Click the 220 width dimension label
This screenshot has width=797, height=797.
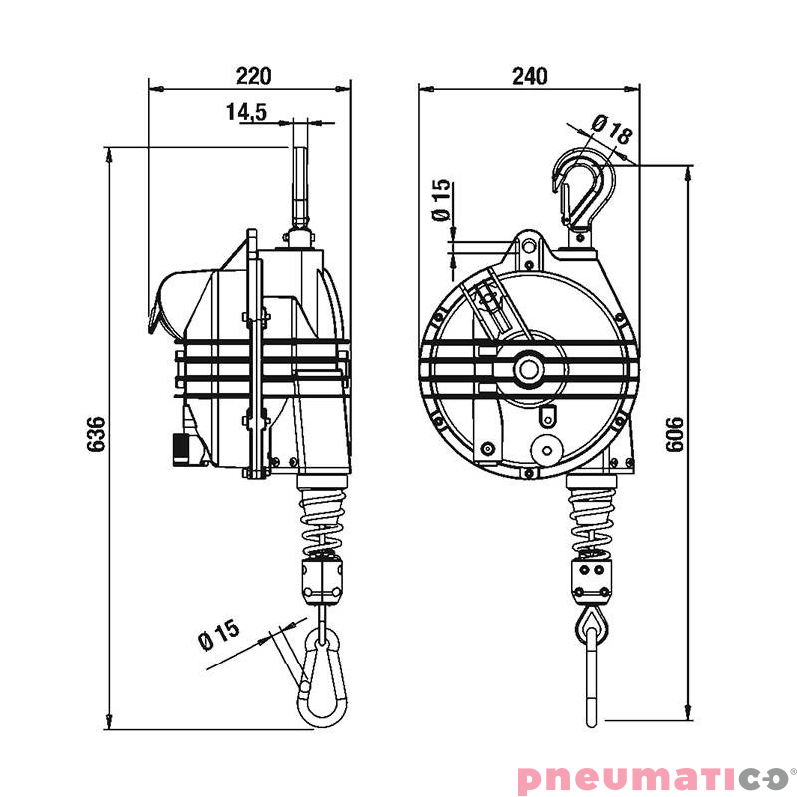tap(254, 76)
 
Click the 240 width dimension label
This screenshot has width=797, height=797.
tap(530, 76)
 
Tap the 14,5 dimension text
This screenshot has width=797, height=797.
tap(246, 112)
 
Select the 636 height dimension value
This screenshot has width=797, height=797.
tap(95, 434)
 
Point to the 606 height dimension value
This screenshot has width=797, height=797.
tap(675, 435)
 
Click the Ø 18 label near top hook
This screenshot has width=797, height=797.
tap(612, 129)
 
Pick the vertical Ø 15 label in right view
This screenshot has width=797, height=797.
tap(441, 200)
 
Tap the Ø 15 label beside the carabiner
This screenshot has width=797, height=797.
tap(218, 635)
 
